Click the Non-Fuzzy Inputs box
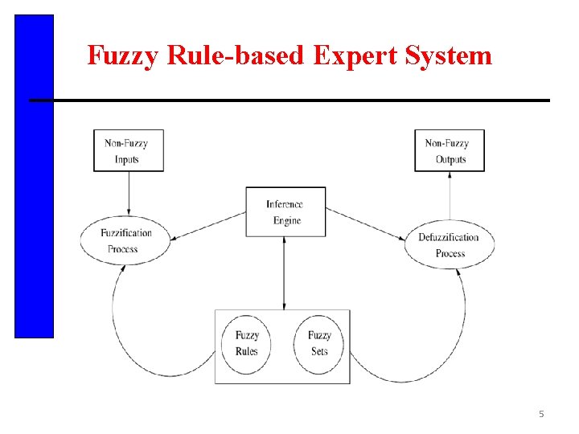tap(128, 150)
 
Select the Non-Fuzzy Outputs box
tap(449, 150)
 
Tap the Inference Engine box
tap(285, 211)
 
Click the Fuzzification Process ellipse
tap(125, 240)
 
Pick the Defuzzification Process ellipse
tap(449, 244)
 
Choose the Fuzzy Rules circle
tap(247, 343)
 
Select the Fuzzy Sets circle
tap(318, 343)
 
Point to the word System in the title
tap(450, 55)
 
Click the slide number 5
tap(541, 414)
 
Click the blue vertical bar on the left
tap(34, 176)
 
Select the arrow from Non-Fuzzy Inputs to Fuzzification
tap(129, 193)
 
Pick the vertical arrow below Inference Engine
tap(285, 272)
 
